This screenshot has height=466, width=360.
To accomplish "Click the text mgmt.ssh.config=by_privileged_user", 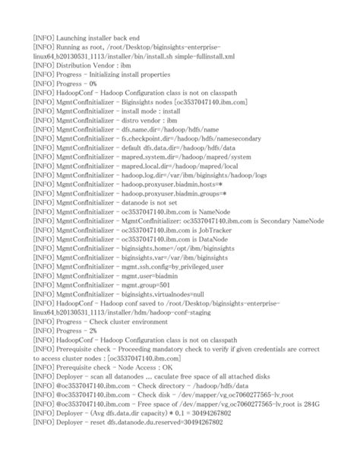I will pos(180,267).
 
